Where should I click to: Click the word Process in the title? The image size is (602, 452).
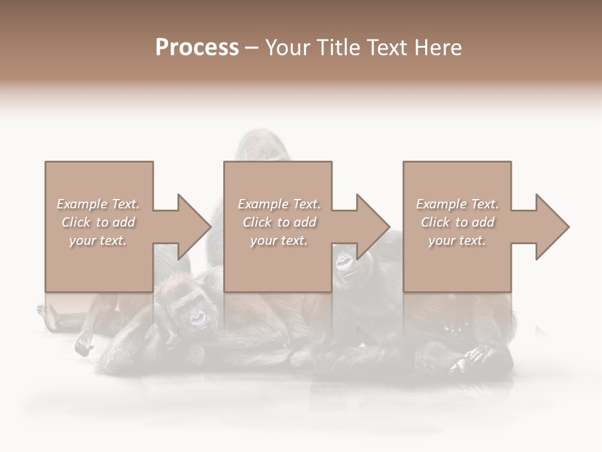pyautogui.click(x=197, y=48)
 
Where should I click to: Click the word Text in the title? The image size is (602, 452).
pyautogui.click(x=384, y=48)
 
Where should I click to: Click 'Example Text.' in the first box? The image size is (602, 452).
pyautogui.click(x=98, y=204)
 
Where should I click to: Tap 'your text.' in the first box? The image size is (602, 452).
pyautogui.click(x=98, y=240)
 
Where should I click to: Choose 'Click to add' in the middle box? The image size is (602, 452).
pyautogui.click(x=279, y=222)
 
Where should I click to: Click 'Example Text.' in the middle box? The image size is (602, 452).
pyautogui.click(x=279, y=204)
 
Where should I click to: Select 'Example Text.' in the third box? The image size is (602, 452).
pyautogui.click(x=457, y=204)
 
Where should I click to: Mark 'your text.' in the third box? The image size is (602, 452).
pyautogui.click(x=457, y=240)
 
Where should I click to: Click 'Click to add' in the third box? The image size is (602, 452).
pyautogui.click(x=457, y=222)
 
